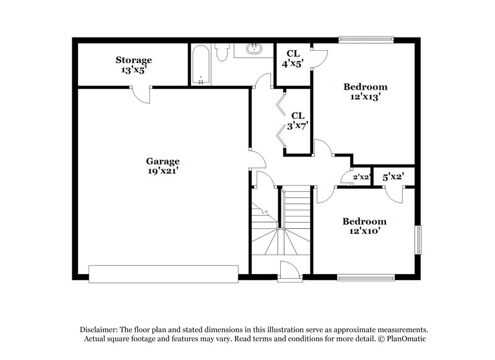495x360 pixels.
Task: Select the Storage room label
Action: (133, 60)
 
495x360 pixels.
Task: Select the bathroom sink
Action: (252, 49)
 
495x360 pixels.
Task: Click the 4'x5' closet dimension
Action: (293, 63)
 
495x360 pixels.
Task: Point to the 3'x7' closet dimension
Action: (298, 125)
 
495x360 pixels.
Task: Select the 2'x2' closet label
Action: (361, 178)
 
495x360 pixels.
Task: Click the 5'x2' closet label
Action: (392, 177)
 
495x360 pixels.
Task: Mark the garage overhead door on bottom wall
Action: (163, 273)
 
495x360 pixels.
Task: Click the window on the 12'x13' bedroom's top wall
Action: (366, 41)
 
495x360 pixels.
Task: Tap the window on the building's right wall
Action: (418, 239)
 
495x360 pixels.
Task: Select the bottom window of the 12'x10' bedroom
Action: (366, 277)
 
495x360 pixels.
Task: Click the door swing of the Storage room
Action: (142, 95)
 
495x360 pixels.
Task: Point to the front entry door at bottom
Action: (288, 272)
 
